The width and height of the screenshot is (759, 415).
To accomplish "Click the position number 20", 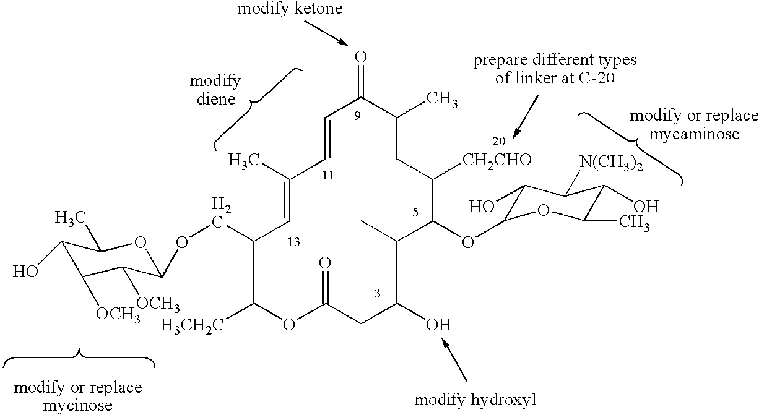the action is (x=499, y=140).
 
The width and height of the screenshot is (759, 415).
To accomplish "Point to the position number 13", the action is (x=293, y=242).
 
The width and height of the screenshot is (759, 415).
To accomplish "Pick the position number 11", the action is (x=329, y=176).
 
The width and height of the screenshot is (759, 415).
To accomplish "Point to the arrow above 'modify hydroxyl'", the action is (x=458, y=362).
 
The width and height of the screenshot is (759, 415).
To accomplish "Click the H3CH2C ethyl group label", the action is (x=191, y=324).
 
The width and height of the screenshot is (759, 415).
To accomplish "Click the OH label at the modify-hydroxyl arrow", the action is (x=439, y=324).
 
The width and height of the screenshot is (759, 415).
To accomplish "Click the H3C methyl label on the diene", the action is (x=243, y=161).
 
